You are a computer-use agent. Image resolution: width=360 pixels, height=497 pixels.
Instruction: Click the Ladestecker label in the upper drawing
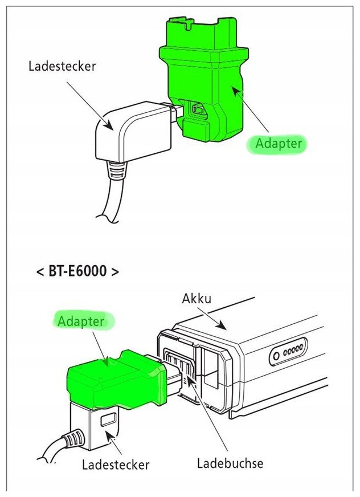click(x=62, y=66)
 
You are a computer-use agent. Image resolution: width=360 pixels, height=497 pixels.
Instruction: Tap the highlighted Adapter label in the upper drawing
click(x=278, y=144)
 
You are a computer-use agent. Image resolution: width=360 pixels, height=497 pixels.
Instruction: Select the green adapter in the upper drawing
click(x=204, y=79)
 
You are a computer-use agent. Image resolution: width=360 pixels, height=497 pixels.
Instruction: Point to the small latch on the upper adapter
click(x=197, y=109)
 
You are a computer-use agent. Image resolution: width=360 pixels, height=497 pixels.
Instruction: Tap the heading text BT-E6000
click(x=77, y=271)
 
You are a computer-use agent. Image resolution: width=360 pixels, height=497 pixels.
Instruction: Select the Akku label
click(x=197, y=299)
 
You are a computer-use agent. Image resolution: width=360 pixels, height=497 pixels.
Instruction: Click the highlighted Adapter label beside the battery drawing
click(x=81, y=321)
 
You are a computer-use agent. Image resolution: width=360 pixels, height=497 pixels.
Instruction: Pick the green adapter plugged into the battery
click(x=117, y=380)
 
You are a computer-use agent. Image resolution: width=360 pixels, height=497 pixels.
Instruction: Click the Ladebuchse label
click(x=230, y=463)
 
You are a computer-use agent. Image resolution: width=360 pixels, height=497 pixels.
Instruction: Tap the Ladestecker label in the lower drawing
click(x=116, y=465)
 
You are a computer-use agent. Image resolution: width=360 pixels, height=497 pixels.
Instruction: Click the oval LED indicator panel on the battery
click(x=288, y=352)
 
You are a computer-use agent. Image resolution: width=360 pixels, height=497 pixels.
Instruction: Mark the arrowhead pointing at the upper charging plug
click(x=108, y=125)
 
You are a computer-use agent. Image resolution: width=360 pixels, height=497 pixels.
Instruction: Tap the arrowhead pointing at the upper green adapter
click(x=236, y=92)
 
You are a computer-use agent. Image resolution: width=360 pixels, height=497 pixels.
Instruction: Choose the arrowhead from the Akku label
click(x=221, y=325)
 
